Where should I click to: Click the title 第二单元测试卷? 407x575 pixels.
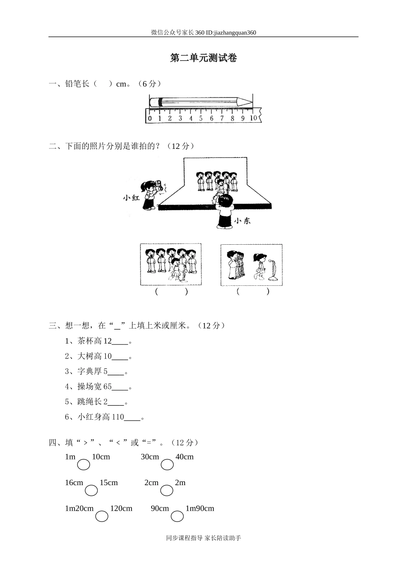coord(203,58)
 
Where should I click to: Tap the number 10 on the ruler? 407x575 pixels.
coord(253,118)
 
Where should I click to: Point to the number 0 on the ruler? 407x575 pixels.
coord(150,119)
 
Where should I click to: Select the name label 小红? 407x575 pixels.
coord(131,198)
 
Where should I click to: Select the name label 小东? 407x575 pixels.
coord(242,221)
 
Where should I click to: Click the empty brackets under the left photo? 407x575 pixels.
coord(171,292)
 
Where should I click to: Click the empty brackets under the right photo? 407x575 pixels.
coord(253,292)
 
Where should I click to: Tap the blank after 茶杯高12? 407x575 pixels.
coord(120,342)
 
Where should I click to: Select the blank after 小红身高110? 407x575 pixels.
coord(132,418)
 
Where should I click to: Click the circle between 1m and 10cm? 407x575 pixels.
coord(84,464)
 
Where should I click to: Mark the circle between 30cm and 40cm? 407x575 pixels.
coord(168,464)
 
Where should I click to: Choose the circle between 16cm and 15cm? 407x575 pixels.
coord(91,490)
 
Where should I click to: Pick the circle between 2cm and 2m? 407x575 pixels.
coord(167,490)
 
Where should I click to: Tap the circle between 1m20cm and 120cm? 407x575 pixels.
coord(102,516)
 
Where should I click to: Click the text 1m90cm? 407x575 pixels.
coord(200,509)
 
